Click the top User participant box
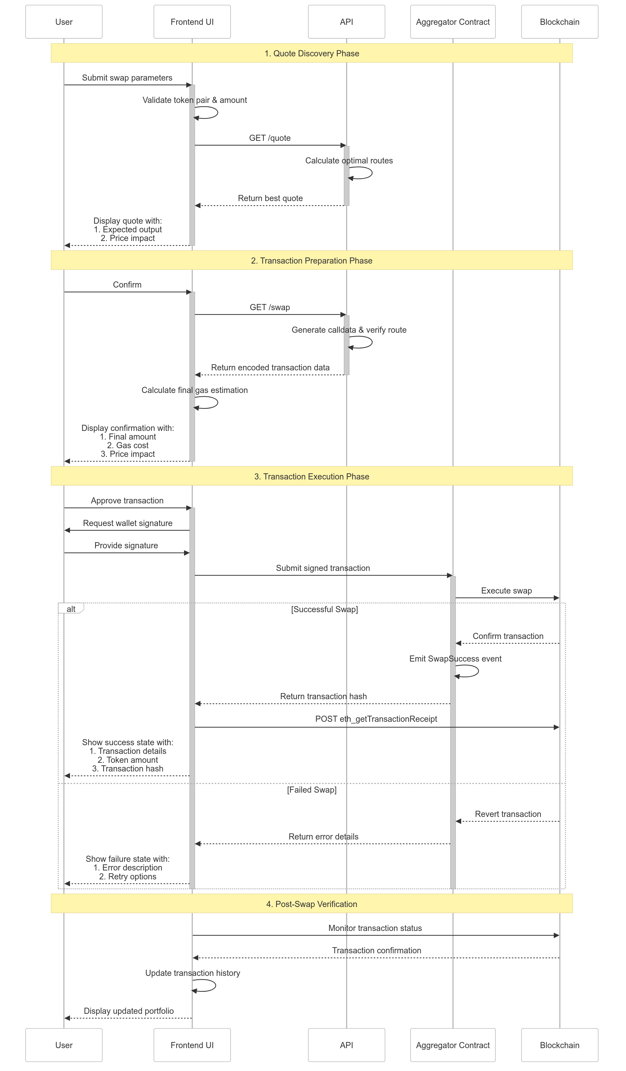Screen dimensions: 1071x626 pos(64,22)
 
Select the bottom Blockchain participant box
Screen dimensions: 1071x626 pos(559,1045)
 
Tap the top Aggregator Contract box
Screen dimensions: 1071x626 pos(453,22)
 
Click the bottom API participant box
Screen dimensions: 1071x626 pos(346,1045)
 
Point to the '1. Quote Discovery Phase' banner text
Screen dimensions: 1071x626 pos(311,53)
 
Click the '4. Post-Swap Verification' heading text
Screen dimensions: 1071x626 pos(311,904)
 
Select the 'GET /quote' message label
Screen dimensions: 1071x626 pos(270,138)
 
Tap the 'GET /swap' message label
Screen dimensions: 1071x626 pos(270,307)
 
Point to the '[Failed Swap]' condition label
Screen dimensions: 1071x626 pos(311,790)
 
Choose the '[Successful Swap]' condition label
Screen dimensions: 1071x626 pos(324,609)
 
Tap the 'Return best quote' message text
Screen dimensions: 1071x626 pos(270,198)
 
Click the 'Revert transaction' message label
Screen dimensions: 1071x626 pos(508,814)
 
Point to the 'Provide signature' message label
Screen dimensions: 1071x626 pos(126,545)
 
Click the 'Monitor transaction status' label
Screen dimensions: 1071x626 pos(375,928)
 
